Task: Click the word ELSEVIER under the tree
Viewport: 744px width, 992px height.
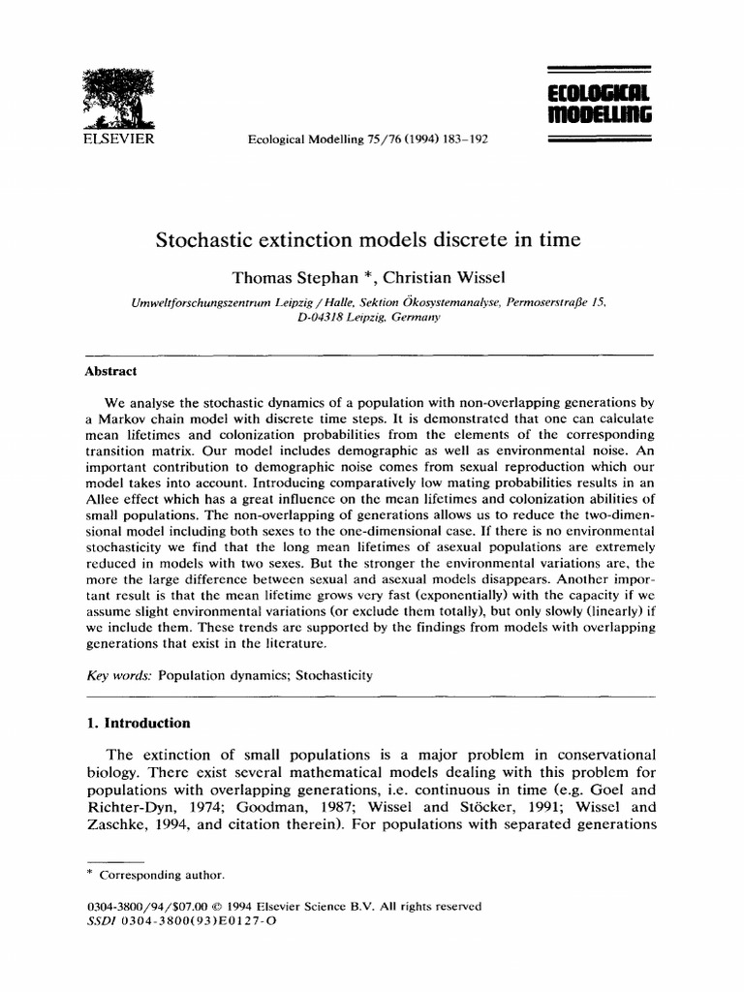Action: [x=114, y=139]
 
